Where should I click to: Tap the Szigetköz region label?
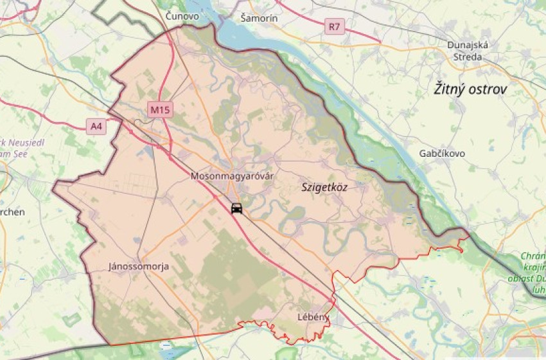point(324,187)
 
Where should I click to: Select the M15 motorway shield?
point(160,110)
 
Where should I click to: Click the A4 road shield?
point(96,127)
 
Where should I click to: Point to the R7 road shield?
point(335,27)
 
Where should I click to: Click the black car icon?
point(237,208)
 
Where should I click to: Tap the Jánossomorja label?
point(139,266)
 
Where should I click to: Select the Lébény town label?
point(313,316)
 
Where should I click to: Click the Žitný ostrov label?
point(470,89)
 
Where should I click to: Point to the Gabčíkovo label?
point(442,154)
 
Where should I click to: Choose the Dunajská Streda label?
point(468,51)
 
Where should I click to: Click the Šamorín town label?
point(259,18)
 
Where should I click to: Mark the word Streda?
point(468,57)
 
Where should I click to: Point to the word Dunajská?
point(468,45)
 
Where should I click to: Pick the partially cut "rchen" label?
point(12,212)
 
